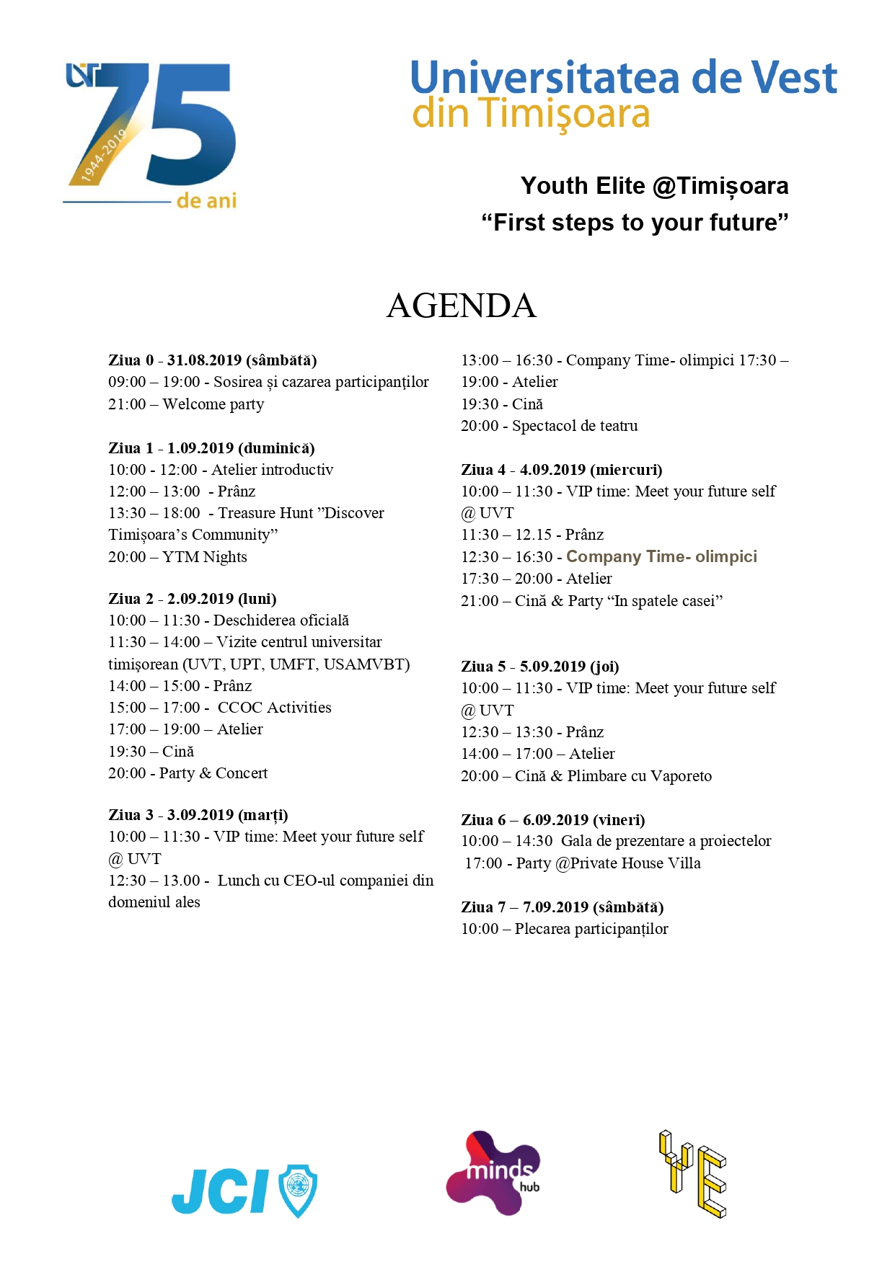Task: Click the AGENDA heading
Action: [462, 306]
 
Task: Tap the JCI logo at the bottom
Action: [244, 1190]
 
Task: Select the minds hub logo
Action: [493, 1172]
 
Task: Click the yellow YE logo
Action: [692, 1174]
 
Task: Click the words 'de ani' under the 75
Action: [206, 201]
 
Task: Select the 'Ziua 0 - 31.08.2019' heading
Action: [213, 360]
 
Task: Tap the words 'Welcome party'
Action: [213, 404]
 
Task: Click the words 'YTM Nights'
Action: [205, 557]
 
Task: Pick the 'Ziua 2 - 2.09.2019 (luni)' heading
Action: [193, 599]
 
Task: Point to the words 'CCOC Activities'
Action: [275, 708]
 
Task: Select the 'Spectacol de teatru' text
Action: [575, 426]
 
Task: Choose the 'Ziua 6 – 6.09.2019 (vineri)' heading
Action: [553, 820]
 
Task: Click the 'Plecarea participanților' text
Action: [591, 929]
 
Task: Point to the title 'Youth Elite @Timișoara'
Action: [654, 186]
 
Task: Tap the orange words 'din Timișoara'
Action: [531, 115]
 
